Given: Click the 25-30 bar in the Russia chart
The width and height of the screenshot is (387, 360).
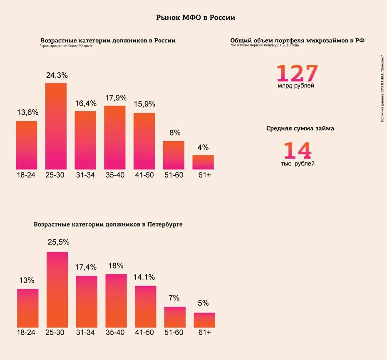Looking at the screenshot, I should click(56, 126).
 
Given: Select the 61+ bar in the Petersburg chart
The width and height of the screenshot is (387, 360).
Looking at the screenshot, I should click(204, 320).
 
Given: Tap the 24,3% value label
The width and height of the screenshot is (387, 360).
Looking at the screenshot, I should click(57, 76).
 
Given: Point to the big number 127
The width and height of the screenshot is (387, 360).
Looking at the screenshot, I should click(297, 73).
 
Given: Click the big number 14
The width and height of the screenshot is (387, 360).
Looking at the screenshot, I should click(298, 150).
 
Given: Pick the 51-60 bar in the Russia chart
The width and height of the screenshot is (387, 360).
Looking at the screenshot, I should click(174, 155).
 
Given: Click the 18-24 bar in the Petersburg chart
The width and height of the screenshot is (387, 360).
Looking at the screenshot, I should click(28, 308).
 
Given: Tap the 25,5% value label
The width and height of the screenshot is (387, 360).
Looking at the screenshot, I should click(58, 242).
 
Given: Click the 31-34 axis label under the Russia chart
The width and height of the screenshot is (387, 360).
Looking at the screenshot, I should click(85, 175).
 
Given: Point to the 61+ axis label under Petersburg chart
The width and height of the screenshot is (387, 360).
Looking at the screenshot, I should click(205, 333).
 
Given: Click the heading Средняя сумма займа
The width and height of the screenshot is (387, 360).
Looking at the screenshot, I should click(300, 128).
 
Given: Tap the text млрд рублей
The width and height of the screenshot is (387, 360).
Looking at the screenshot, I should click(296, 86).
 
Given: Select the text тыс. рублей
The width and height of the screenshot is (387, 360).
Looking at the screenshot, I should click(297, 164).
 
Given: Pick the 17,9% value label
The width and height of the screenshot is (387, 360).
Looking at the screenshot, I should click(115, 98).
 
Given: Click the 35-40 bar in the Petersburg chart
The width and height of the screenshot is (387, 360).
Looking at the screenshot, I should click(116, 300).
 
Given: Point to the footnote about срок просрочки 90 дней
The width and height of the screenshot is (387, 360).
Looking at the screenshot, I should click(66, 46).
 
